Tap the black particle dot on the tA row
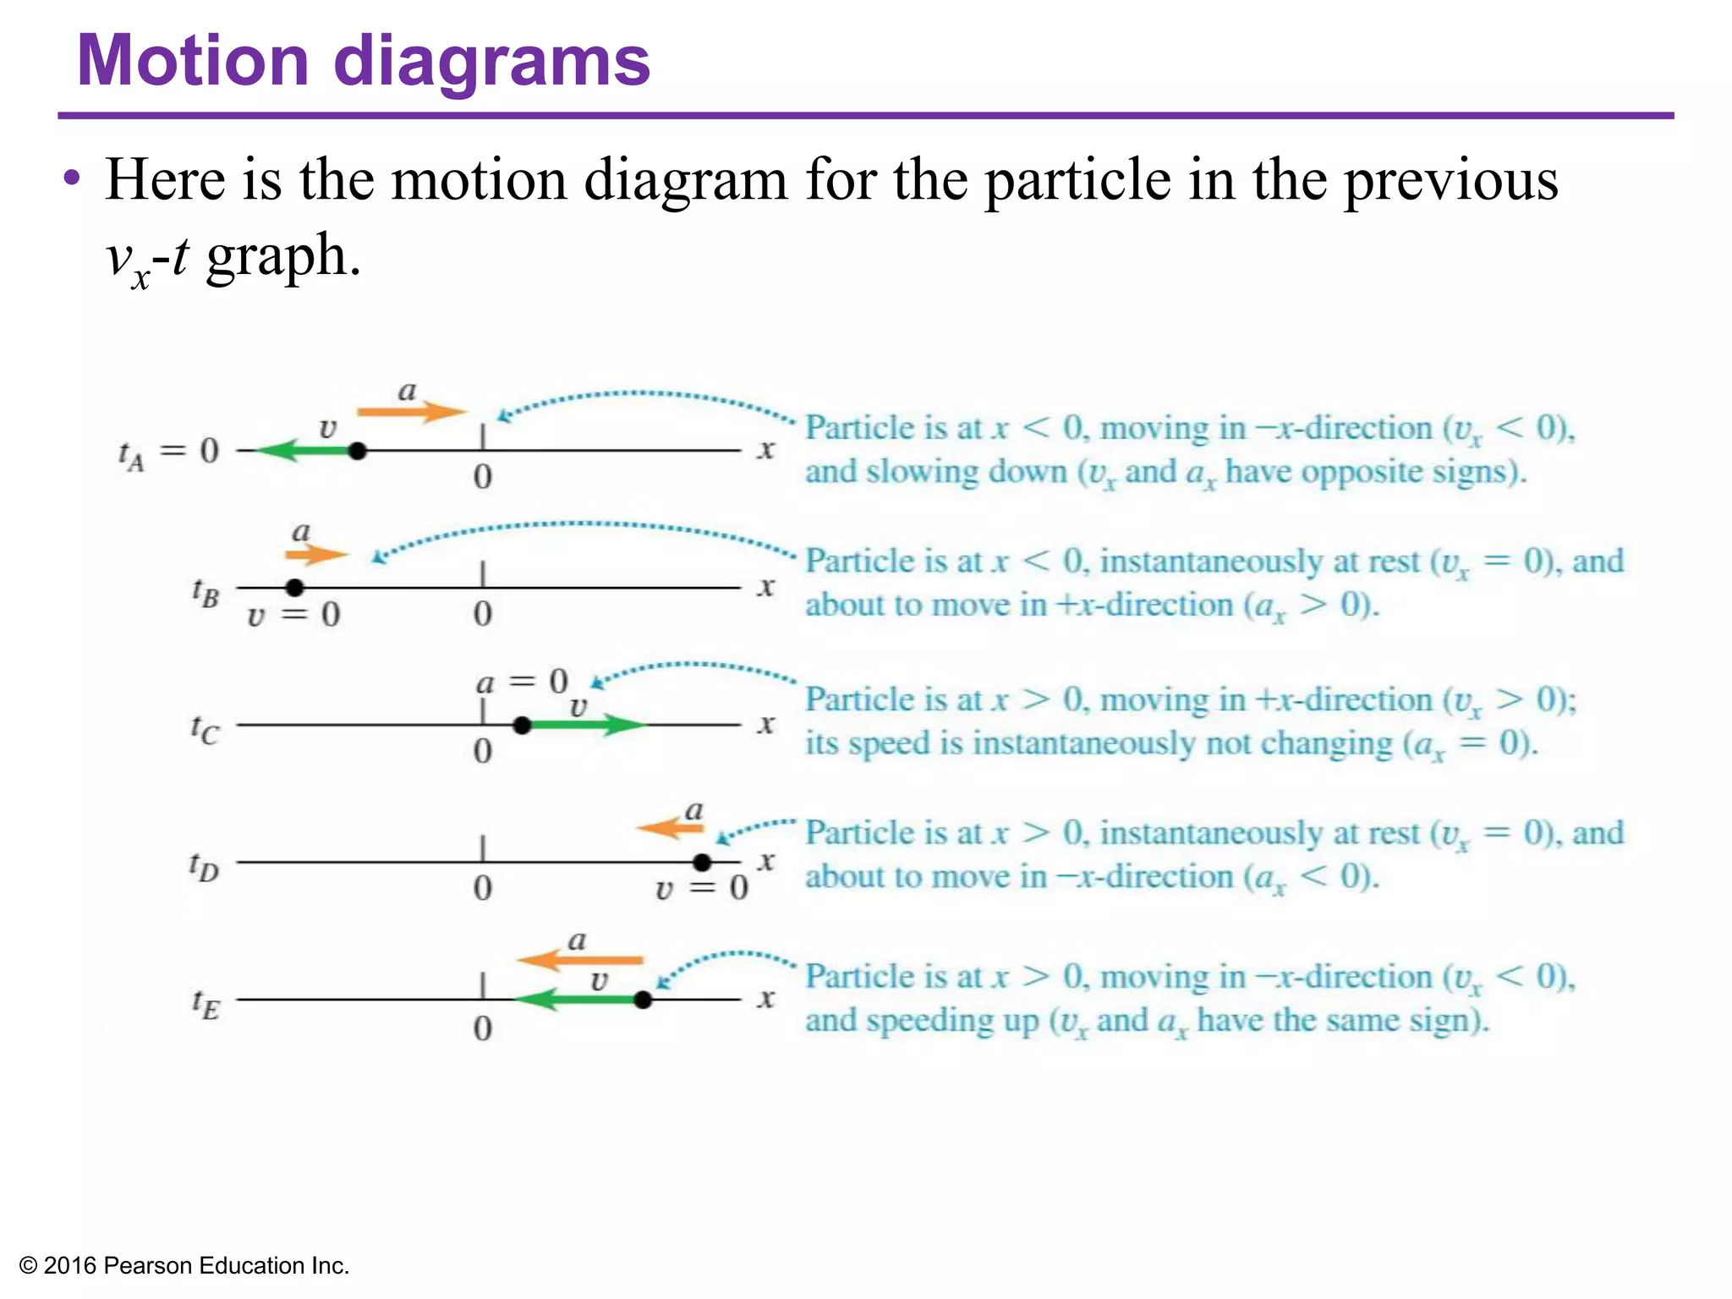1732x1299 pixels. click(358, 451)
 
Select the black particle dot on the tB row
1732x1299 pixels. click(294, 587)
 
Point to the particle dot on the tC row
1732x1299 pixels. click(522, 725)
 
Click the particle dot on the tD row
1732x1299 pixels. click(702, 862)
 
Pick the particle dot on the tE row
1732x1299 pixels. click(643, 1000)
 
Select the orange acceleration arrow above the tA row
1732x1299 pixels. click(411, 412)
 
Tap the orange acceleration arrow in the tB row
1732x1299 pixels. click(316, 555)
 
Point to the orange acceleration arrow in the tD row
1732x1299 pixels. click(670, 828)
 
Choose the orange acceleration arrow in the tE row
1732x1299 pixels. click(580, 960)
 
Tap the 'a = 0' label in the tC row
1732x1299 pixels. click(522, 682)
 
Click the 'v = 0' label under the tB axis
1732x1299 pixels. click(293, 615)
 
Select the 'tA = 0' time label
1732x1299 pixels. click(168, 452)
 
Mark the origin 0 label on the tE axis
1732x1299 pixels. click(482, 1028)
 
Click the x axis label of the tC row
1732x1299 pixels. click(766, 724)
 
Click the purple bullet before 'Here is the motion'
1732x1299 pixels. click(72, 179)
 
